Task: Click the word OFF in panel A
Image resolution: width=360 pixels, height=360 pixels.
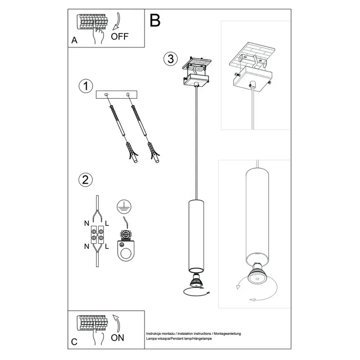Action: click(x=120, y=36)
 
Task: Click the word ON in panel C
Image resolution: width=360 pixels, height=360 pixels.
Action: click(x=118, y=338)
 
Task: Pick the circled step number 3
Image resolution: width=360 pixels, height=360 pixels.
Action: click(x=169, y=59)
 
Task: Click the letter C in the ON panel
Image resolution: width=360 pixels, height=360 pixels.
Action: click(x=75, y=341)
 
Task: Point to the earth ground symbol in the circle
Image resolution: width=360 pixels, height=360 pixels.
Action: click(x=122, y=206)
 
